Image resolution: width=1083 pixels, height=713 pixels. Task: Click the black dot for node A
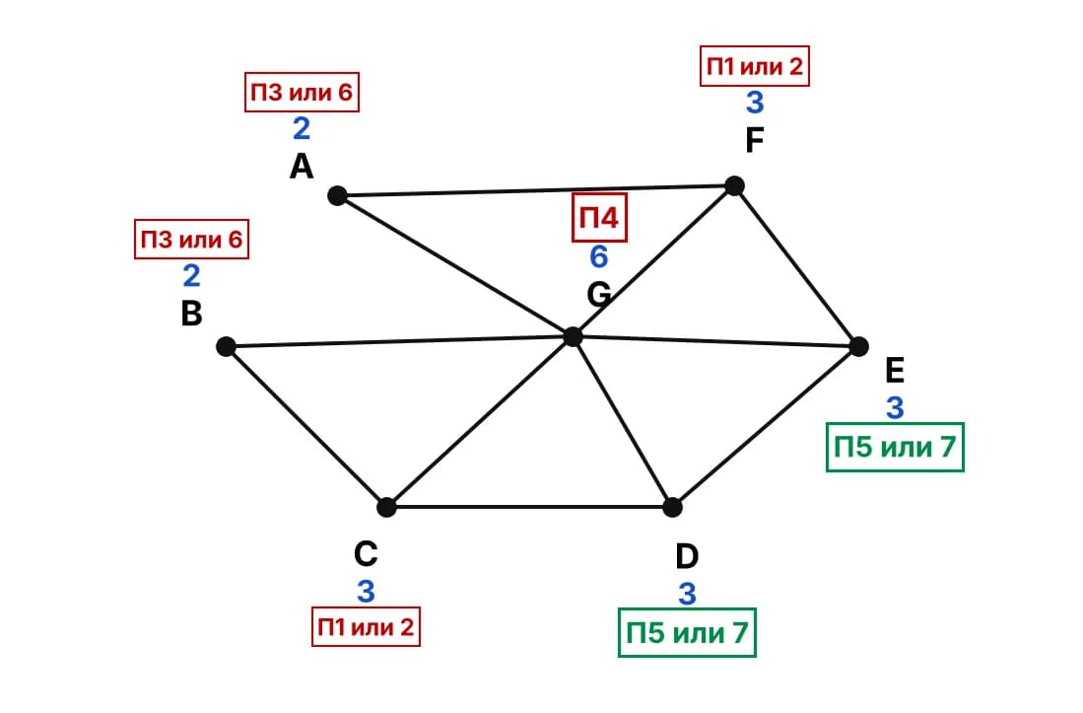(x=337, y=196)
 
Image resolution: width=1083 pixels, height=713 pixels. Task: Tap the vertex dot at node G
(x=573, y=336)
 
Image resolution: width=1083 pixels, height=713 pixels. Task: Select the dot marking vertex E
(x=858, y=346)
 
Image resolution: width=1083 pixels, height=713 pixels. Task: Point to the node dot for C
(x=386, y=507)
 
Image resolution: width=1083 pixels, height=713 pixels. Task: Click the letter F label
(x=754, y=140)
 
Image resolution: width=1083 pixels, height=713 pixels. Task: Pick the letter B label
(x=191, y=313)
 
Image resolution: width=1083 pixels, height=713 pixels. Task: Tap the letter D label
(x=687, y=556)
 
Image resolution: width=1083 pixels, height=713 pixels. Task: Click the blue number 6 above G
(x=599, y=257)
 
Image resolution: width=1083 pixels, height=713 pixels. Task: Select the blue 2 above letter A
(x=302, y=128)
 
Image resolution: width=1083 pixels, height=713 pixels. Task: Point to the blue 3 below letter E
(x=895, y=407)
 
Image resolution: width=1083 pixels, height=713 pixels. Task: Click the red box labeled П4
(x=599, y=218)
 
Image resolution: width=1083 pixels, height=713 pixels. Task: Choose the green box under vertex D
(x=687, y=633)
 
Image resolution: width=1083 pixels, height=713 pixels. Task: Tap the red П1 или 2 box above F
(x=754, y=66)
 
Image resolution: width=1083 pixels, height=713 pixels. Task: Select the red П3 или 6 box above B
(x=191, y=239)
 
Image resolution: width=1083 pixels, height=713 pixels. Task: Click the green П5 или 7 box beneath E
(x=895, y=447)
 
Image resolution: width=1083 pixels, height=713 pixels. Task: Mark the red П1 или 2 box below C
(x=366, y=626)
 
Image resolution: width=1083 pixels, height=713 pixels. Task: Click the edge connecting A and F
(x=536, y=190)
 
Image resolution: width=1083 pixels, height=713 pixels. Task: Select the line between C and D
(x=530, y=507)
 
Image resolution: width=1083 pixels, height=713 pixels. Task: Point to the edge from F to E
(x=796, y=266)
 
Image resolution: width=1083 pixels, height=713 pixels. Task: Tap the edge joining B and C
(x=305, y=426)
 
